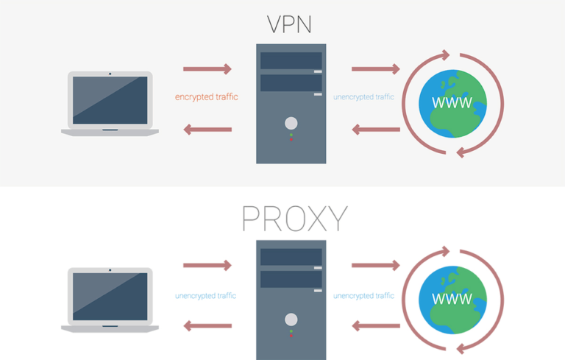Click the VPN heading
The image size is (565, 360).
pyautogui.click(x=289, y=24)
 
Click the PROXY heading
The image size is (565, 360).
pyautogui.click(x=294, y=219)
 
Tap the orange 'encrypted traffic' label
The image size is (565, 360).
pyautogui.click(x=207, y=96)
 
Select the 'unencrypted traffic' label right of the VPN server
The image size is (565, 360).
pyautogui.click(x=363, y=96)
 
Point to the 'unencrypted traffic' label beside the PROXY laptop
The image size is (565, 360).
pyautogui.click(x=206, y=296)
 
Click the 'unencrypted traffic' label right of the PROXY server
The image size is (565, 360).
pyautogui.click(x=363, y=296)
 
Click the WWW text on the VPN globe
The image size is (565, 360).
pyautogui.click(x=452, y=102)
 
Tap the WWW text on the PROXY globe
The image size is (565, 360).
pyautogui.click(x=452, y=299)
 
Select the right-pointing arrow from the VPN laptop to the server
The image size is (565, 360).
pyautogui.click(x=207, y=69)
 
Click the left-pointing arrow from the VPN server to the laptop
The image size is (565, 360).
pyautogui.click(x=207, y=130)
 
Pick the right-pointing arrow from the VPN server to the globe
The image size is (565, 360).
pyautogui.click(x=375, y=69)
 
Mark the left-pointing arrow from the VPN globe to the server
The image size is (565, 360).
pyautogui.click(x=375, y=130)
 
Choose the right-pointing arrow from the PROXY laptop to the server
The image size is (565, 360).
pyautogui.click(x=207, y=265)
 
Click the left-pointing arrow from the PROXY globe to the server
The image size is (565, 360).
pyautogui.click(x=375, y=325)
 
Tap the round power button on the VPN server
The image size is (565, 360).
pyautogui.click(x=291, y=123)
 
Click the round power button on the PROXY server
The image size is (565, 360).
pyautogui.click(x=291, y=320)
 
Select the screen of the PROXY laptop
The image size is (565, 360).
pyautogui.click(x=110, y=297)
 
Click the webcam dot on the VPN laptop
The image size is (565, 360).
pyautogui.click(x=110, y=74)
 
